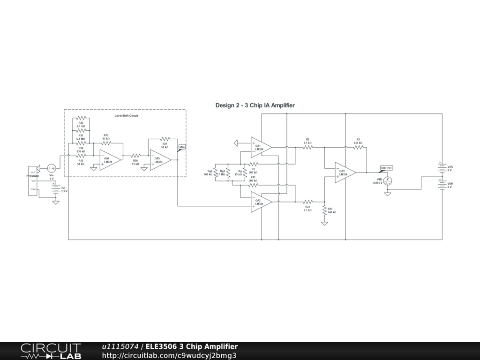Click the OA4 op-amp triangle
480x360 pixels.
tap(109, 159)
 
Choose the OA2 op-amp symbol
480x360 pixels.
tap(260, 202)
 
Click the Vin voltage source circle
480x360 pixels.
tap(52, 168)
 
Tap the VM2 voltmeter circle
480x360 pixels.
tap(388, 180)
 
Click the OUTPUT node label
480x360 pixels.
tap(387, 168)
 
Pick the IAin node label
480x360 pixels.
tap(182, 148)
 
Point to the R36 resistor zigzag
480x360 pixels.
tap(81, 118)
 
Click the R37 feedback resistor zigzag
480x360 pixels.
tap(165, 139)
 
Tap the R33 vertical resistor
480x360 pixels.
tap(324, 210)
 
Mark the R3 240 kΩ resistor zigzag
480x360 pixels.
tap(358, 147)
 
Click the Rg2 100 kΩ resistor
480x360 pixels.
tap(215, 172)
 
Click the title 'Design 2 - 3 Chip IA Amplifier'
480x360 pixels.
tap(255, 105)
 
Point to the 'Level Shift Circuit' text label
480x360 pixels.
tap(126, 115)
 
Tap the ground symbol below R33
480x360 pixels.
tap(324, 224)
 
